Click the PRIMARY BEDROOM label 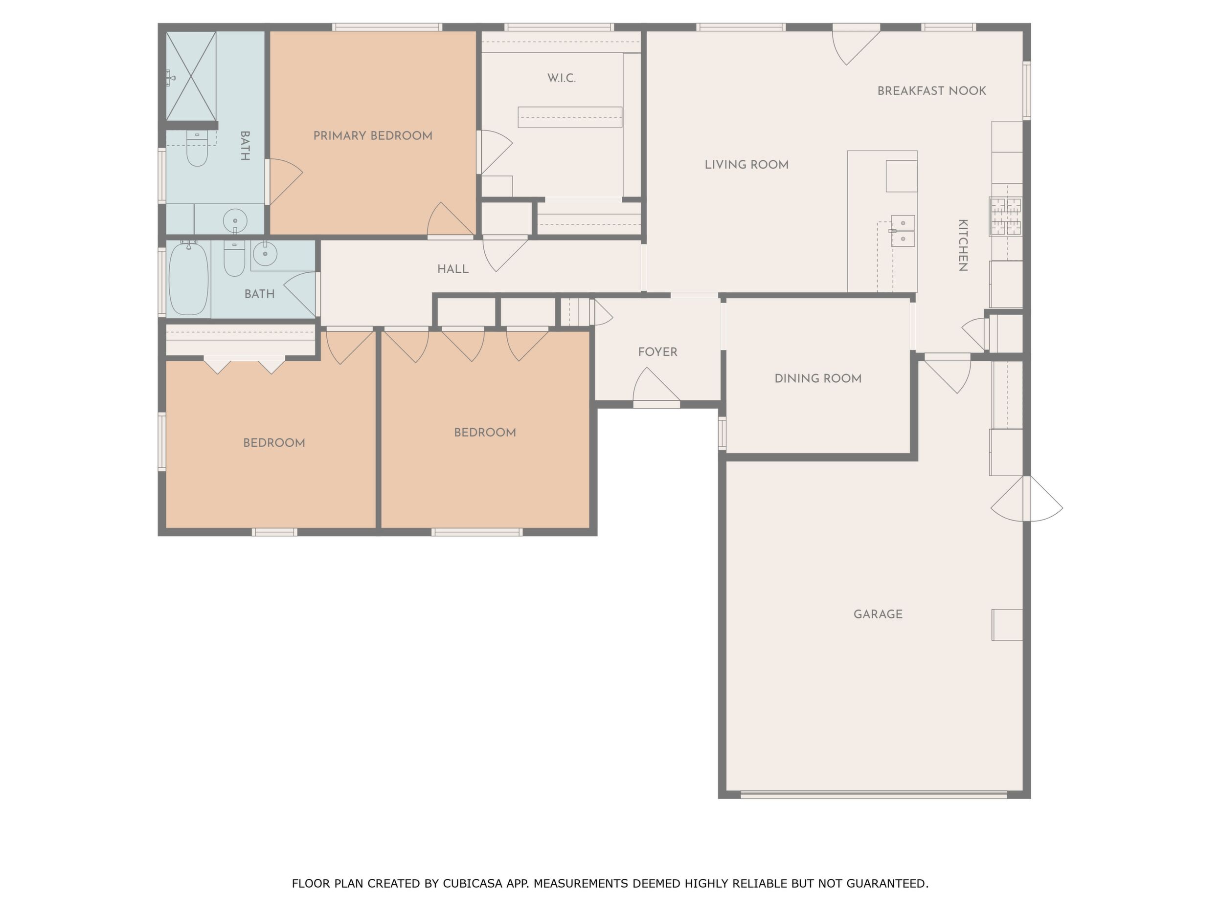coord(373,136)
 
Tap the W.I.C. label coord(562,78)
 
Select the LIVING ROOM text coord(746,164)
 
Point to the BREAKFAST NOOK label coord(932,91)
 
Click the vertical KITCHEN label coord(963,245)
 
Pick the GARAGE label coord(878,614)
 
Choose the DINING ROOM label coord(818,378)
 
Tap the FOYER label coord(657,352)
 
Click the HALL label coord(452,269)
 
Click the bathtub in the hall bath coord(188,279)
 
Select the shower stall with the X coord(191,76)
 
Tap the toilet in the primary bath coord(197,148)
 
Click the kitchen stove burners coord(1006,216)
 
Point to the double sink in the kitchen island coord(903,231)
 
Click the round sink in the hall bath coord(266,254)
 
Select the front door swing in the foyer coord(656,387)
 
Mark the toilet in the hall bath coord(234,258)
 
